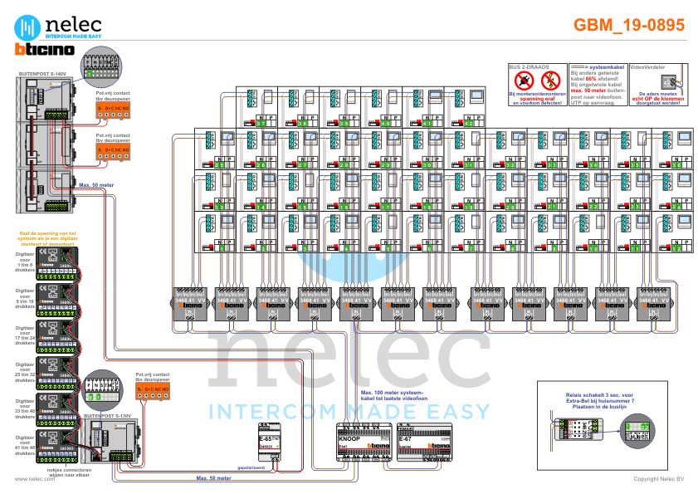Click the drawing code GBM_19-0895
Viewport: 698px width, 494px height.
coord(629,26)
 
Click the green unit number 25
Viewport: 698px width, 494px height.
coord(219,165)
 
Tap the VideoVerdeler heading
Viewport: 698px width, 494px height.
coord(648,65)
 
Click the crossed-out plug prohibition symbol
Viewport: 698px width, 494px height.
coord(524,81)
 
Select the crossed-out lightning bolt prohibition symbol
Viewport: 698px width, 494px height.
coord(549,81)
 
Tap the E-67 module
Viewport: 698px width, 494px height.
coord(423,441)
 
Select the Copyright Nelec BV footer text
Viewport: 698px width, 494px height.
coord(658,479)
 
